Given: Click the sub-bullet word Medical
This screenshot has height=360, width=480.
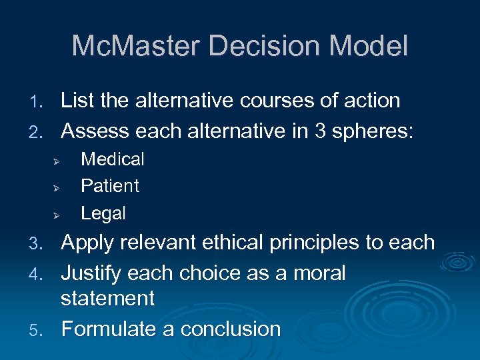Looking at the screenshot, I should pyautogui.click(x=112, y=159).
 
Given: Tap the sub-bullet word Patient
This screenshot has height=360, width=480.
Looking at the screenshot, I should pyautogui.click(x=110, y=186).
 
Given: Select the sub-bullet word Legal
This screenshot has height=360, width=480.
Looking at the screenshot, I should pyautogui.click(x=103, y=213).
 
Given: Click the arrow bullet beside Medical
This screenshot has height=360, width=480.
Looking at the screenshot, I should pyautogui.click(x=57, y=161).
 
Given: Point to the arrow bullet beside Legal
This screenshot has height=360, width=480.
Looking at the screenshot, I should pyautogui.click(x=57, y=215).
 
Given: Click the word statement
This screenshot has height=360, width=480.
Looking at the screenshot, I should pyautogui.click(x=107, y=298).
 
